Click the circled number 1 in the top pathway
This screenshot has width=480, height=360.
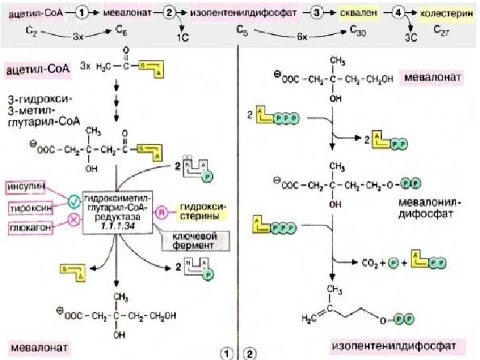click(x=81, y=12)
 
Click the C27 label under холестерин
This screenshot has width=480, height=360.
click(x=442, y=30)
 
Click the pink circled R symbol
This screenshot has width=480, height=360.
click(x=161, y=213)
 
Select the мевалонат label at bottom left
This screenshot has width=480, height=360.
click(x=39, y=347)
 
